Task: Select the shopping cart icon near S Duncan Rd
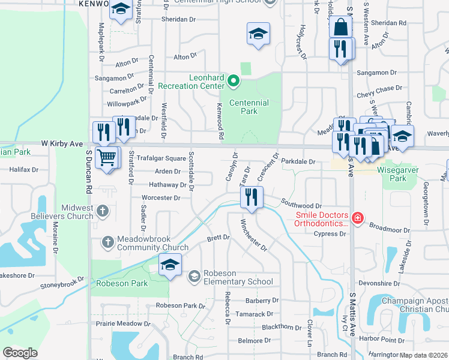click(107, 158)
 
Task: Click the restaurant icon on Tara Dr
click(252, 197)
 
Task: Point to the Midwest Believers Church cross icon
click(103, 211)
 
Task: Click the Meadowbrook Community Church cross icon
click(108, 241)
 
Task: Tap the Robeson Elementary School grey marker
click(194, 276)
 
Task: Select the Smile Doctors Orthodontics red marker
click(357, 218)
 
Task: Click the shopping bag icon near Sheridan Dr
click(340, 27)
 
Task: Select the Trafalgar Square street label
click(161, 159)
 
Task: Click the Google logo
click(20, 353)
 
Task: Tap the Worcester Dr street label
click(161, 197)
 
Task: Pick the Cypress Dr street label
click(333, 234)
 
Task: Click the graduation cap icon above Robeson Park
click(170, 265)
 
